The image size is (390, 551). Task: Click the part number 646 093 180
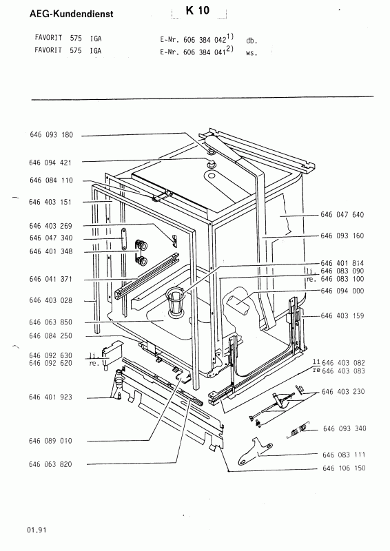pos(52,135)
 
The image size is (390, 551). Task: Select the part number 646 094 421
pos(50,163)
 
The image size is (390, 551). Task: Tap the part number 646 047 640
pos(342,215)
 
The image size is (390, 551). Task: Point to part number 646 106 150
pos(344,468)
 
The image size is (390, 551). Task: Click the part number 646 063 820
pos(50,464)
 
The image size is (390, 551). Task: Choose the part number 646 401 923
pos(50,397)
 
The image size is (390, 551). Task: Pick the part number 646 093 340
pos(345,428)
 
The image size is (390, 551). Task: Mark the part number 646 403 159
pos(342,315)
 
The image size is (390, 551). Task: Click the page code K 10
pos(198,11)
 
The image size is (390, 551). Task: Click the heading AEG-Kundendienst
pos(72,14)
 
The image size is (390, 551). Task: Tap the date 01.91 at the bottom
pos(36,530)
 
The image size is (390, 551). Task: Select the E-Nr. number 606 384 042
pos(205,40)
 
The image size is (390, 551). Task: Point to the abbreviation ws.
pos(252,54)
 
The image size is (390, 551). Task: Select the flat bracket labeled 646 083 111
pos(255,451)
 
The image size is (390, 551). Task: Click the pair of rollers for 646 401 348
pos(141,252)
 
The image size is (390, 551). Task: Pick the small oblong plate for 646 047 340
pos(124,238)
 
